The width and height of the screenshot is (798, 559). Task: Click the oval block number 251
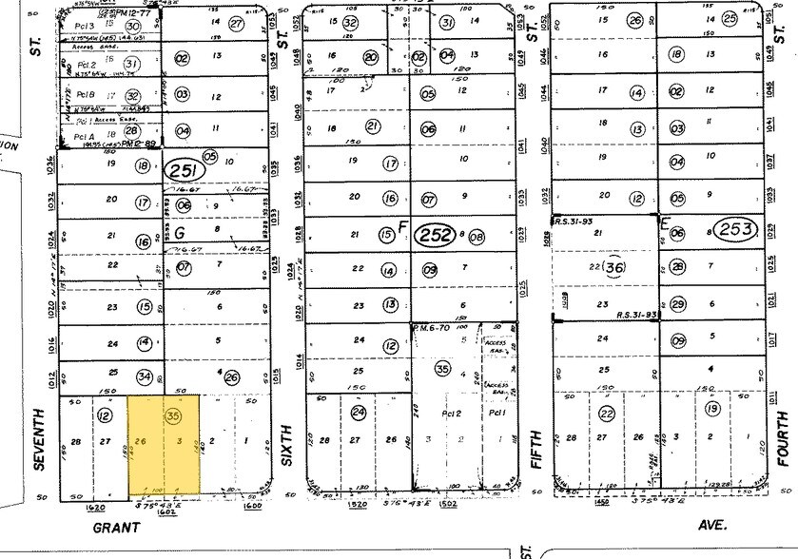(185, 171)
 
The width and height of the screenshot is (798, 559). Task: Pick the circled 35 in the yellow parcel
(172, 415)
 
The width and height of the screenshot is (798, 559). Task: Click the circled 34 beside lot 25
(145, 378)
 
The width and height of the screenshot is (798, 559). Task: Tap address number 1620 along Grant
(81, 509)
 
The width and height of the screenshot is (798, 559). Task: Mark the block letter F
(402, 229)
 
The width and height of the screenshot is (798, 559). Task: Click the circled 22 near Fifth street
(607, 412)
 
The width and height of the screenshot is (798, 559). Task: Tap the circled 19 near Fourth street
(710, 410)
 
